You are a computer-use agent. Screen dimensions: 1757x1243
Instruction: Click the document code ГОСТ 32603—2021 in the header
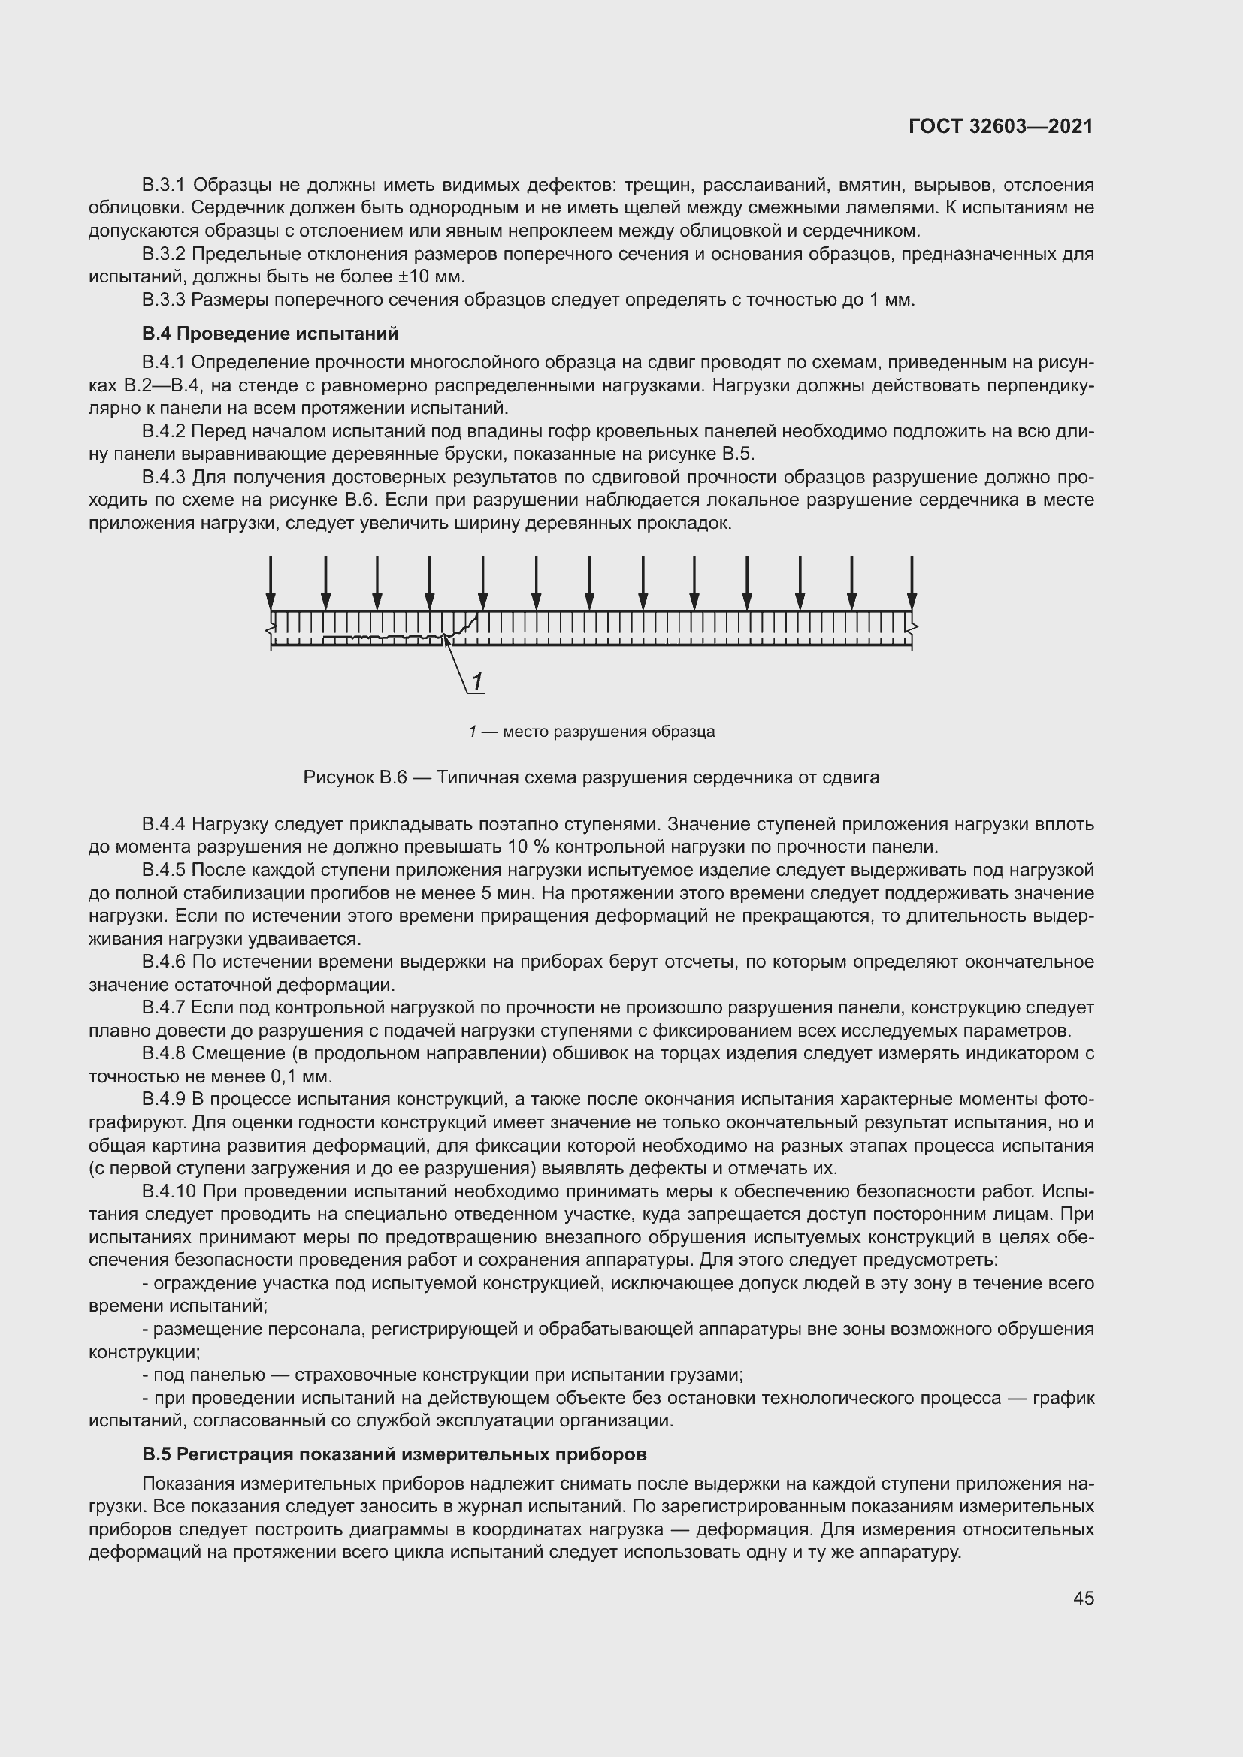[1000, 127]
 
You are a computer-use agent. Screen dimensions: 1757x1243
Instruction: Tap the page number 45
[1083, 1598]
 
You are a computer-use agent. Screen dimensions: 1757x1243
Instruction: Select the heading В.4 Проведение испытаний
[271, 334]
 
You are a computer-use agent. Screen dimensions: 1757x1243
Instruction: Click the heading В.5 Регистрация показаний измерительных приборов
[395, 1454]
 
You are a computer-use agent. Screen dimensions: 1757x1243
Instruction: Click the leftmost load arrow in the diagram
[271, 583]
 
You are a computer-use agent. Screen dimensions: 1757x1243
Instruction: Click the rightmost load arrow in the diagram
[912, 583]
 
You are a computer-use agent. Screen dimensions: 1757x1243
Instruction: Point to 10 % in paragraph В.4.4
[522, 847]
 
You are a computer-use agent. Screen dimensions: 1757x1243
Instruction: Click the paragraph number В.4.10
[168, 1191]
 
